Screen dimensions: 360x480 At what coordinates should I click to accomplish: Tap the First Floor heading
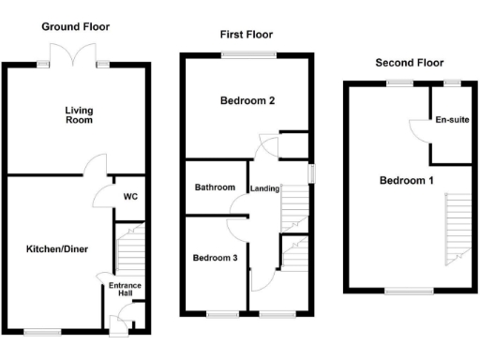247,35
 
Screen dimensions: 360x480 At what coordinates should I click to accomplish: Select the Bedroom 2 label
247,100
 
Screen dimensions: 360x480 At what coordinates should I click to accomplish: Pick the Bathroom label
215,187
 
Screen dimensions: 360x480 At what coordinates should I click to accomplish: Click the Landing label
265,188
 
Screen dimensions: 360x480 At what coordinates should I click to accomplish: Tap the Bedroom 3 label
215,258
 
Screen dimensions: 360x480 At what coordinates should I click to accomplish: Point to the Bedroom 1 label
406,181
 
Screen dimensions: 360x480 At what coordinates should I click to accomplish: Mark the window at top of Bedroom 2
247,55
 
